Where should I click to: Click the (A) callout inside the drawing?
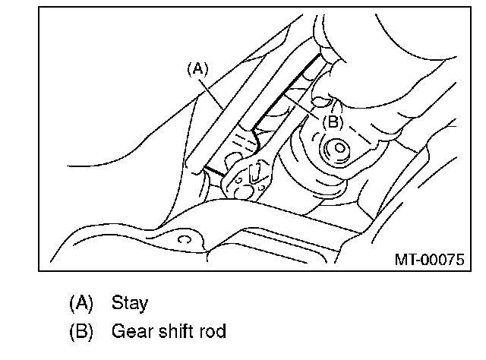click(x=197, y=68)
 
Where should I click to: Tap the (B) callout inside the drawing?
click(x=333, y=120)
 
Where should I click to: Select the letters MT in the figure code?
click(x=404, y=259)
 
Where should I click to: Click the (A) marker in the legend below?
click(x=80, y=304)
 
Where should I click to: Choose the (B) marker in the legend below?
click(x=80, y=332)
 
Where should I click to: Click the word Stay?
click(x=130, y=304)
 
